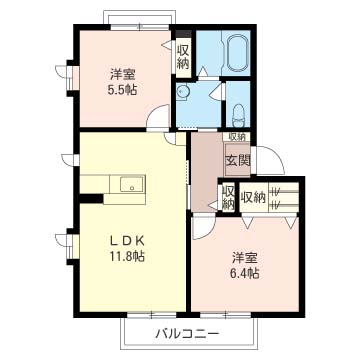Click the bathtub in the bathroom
239,53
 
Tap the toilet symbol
239,115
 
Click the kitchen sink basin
132,184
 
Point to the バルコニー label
188,333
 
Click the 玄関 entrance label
238,161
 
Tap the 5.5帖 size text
122,90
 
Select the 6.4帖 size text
245,274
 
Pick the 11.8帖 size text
127,256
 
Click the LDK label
127,240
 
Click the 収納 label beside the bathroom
183,57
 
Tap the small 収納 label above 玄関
237,136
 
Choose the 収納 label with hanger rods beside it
254,198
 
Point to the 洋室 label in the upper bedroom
122,75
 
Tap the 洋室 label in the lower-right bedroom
245,258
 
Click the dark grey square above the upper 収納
184,34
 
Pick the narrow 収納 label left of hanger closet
228,197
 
